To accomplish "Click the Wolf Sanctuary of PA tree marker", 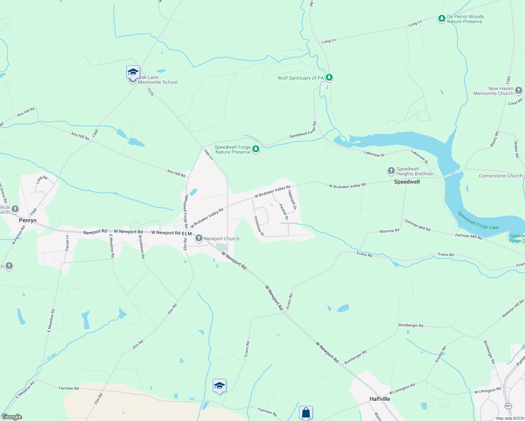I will tap(329, 77).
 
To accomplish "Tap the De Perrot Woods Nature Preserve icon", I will tap(442, 19).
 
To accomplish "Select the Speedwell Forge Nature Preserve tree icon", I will tap(256, 149).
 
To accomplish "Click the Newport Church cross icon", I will tap(199, 239).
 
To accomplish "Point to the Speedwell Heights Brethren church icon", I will tap(391, 171).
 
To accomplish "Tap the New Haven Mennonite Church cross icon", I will tap(519, 91).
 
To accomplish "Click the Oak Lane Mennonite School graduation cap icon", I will tap(133, 72).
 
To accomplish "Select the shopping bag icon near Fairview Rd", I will tap(306, 413).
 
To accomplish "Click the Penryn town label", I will tap(28, 220).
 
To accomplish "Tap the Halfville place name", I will tap(380, 399).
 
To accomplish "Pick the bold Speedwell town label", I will tap(407, 182).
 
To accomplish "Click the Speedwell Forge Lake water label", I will tap(478, 220).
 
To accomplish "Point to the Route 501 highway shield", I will tap(509, 406).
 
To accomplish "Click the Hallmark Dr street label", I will tap(292, 200).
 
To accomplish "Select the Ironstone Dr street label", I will tap(259, 226).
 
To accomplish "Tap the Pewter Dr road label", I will tap(284, 212).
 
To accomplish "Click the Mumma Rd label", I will tap(389, 231).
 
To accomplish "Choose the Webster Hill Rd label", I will tap(513, 309).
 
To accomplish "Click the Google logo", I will tap(12, 417).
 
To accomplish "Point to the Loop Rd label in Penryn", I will tap(42, 180).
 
